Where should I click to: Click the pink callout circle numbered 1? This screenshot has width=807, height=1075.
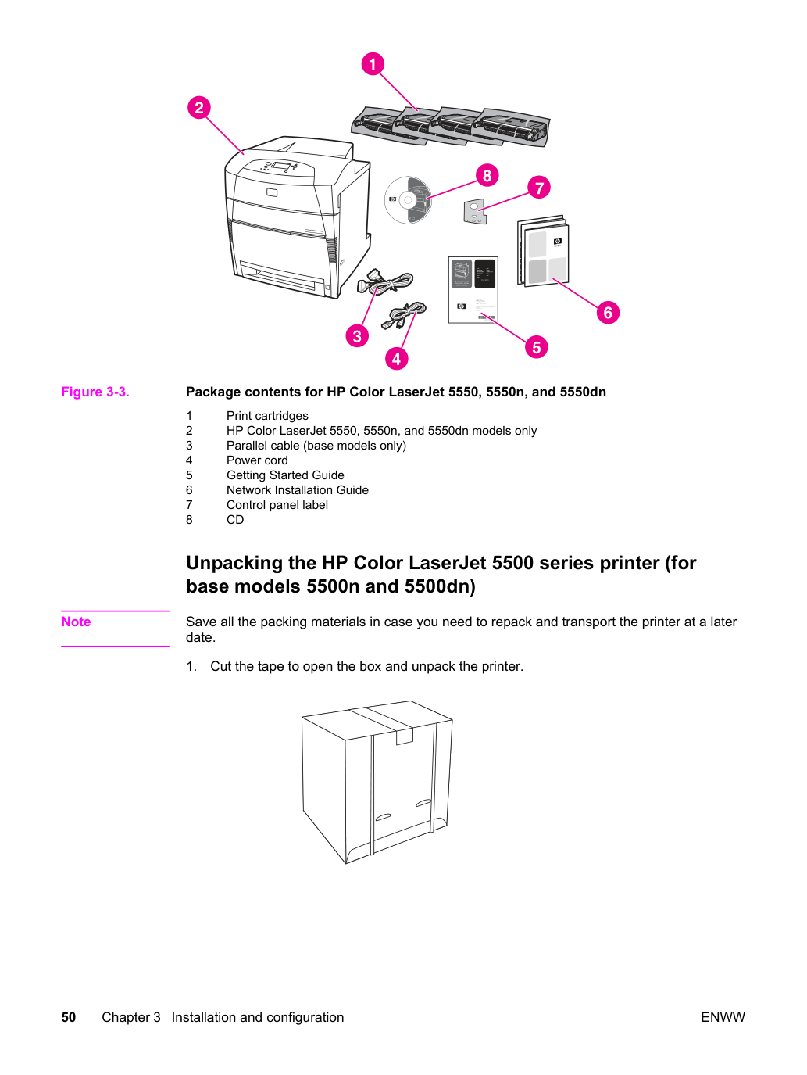(x=373, y=63)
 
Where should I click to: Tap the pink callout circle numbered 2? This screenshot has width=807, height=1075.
(x=198, y=108)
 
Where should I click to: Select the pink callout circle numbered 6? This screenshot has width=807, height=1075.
(x=608, y=313)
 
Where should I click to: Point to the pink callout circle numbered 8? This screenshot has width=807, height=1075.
(x=487, y=175)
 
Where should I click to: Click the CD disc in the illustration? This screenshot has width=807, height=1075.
(x=408, y=200)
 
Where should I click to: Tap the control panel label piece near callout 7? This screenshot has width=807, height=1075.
(x=474, y=211)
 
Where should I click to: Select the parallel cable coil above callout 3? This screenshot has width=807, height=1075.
(x=384, y=281)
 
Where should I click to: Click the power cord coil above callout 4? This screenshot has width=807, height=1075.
(x=404, y=315)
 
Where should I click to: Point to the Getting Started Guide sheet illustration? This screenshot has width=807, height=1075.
(x=473, y=290)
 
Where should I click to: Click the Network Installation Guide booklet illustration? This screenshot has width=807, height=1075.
(x=543, y=251)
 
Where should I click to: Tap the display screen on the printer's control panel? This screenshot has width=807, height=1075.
(x=280, y=166)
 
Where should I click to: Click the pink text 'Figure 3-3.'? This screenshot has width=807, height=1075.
(x=95, y=392)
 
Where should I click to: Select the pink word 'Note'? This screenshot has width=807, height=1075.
(x=76, y=622)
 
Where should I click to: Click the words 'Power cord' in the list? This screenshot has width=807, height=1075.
(x=257, y=460)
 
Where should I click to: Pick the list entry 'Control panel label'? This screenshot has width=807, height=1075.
(x=277, y=505)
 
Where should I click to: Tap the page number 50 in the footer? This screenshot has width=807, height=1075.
(x=69, y=1017)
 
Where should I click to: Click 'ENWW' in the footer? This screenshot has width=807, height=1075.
(x=723, y=1017)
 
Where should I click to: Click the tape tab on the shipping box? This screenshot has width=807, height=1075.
(x=404, y=736)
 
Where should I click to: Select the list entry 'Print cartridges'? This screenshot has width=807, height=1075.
(x=267, y=416)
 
